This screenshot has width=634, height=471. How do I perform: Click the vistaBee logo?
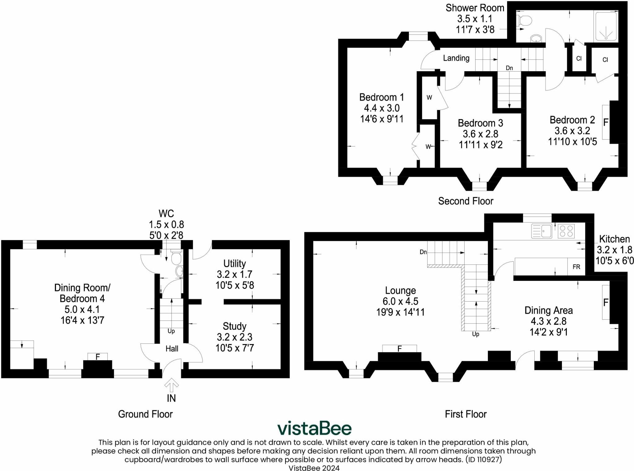point(314,429)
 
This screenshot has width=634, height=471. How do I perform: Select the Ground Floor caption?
point(145,414)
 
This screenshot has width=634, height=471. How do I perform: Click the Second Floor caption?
point(466,201)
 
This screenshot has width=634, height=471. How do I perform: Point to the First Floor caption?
point(466,414)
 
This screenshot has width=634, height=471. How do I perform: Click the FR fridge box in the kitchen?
point(576,267)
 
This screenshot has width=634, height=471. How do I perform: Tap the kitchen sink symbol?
point(541,231)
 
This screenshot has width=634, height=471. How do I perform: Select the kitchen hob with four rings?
point(566,231)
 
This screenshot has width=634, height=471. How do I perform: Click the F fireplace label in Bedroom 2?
point(606,122)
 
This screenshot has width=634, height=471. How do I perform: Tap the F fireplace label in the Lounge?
point(399,349)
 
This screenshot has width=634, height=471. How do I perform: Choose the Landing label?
point(456,58)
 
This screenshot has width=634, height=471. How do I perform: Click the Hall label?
point(172,349)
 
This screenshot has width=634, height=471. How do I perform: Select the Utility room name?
point(235,264)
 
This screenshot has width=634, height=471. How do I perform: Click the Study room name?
point(235,326)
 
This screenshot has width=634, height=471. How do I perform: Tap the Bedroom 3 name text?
point(480,123)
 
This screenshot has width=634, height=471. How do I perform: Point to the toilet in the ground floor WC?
point(176,258)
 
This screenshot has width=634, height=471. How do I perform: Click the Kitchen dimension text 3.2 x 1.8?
point(614,250)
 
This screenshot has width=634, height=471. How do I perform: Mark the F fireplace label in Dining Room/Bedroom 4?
point(98,357)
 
